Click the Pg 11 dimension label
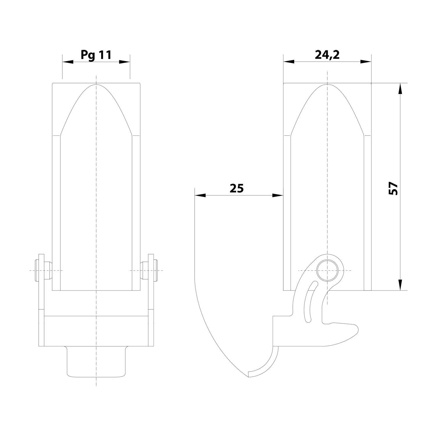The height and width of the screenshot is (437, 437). pyautogui.click(x=96, y=54)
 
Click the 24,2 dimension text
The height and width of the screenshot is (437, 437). pyautogui.click(x=327, y=54)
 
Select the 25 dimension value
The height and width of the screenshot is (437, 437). pyautogui.click(x=236, y=188)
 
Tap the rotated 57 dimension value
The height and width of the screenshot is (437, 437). pyautogui.click(x=393, y=188)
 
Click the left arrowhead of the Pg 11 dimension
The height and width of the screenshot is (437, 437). pyautogui.click(x=67, y=62)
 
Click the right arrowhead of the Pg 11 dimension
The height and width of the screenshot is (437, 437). pyautogui.click(x=125, y=62)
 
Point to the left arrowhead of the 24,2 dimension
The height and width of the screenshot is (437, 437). pyautogui.click(x=288, y=62)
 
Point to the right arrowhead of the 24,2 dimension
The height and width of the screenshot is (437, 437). pyautogui.click(x=366, y=62)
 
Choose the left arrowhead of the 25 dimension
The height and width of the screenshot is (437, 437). pyautogui.click(x=200, y=195)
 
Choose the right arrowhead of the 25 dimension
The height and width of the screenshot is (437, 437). pyautogui.click(x=278, y=195)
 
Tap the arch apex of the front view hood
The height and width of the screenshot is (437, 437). pyautogui.click(x=96, y=84)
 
